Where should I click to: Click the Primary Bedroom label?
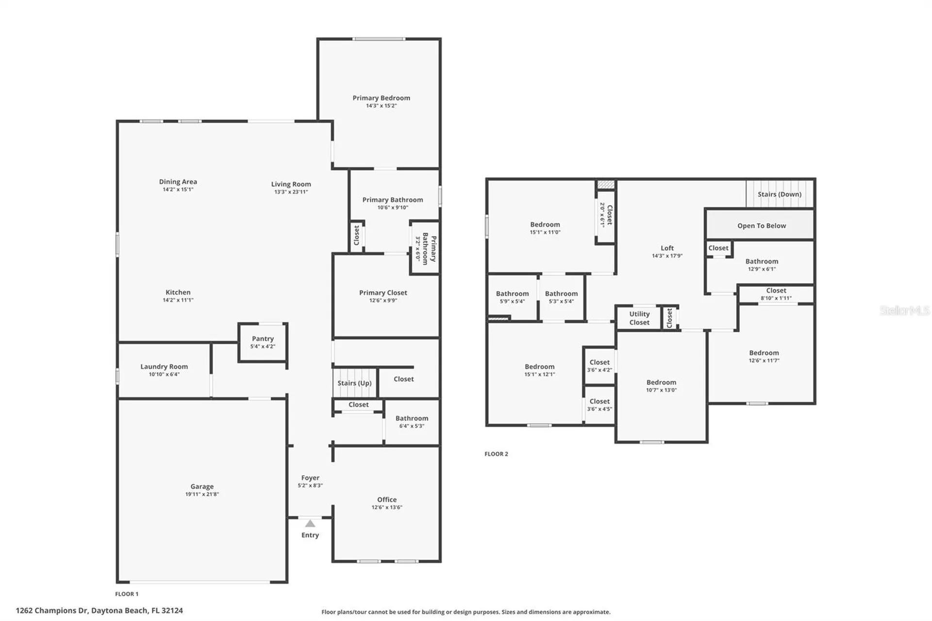tap(381, 98)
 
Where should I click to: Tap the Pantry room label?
tap(263, 338)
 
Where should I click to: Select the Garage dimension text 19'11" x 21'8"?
tap(202, 494)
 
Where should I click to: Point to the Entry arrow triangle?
tap(310, 523)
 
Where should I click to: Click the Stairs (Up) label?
tap(354, 383)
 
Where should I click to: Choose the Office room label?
tap(387, 500)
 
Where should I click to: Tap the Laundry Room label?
tap(164, 367)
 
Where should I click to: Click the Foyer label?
tap(310, 478)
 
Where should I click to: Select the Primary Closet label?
tap(383, 293)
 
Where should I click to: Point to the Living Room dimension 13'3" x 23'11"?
tap(291, 192)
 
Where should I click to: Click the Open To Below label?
tap(762, 226)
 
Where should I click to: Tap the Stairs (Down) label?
tap(780, 194)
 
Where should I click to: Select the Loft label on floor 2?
tap(667, 248)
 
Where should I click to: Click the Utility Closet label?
tap(639, 318)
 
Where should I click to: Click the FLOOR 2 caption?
tap(496, 454)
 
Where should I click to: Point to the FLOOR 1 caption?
tap(127, 594)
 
